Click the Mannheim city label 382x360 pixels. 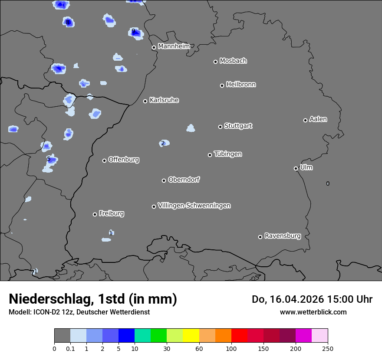(x=174, y=46)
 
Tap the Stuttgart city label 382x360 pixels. (x=238, y=126)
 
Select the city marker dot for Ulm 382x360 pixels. (x=296, y=168)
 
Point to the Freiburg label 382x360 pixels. (x=111, y=213)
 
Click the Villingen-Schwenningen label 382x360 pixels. (x=194, y=206)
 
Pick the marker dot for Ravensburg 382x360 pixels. (x=260, y=237)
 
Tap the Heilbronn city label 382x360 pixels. (x=241, y=85)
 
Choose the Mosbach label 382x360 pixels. (x=233, y=61)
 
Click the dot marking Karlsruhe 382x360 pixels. (x=145, y=101)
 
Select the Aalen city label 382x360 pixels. (x=318, y=119)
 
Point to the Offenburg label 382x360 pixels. (x=124, y=160)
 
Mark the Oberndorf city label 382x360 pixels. (x=184, y=180)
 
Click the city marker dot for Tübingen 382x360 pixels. (x=210, y=155)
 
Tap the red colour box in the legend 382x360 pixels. (x=239, y=336)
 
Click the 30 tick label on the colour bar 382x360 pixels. (x=167, y=348)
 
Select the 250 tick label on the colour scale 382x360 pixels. (x=328, y=348)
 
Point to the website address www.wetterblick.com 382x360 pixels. (x=313, y=312)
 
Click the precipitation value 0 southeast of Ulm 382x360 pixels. (x=328, y=183)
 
